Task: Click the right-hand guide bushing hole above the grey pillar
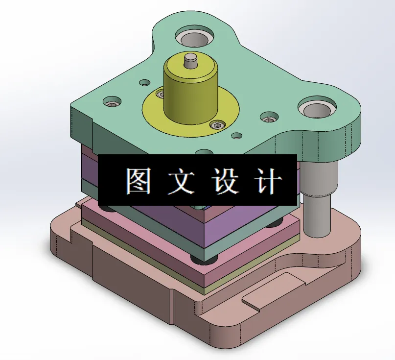(x=318, y=108)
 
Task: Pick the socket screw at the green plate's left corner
(x=112, y=103)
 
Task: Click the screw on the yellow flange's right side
(x=216, y=125)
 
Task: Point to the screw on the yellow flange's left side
(x=160, y=93)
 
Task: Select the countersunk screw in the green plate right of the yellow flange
(x=269, y=118)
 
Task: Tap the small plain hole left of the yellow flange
(x=144, y=82)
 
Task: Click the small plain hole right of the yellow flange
(x=237, y=135)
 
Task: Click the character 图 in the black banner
(x=137, y=181)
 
